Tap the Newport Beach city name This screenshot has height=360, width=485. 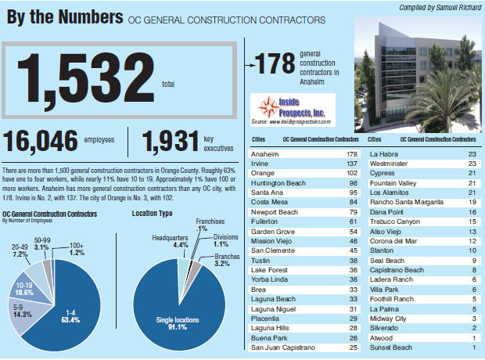click(274, 211)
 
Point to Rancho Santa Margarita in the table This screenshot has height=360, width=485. click(408, 201)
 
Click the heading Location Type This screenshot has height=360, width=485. click(153, 213)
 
